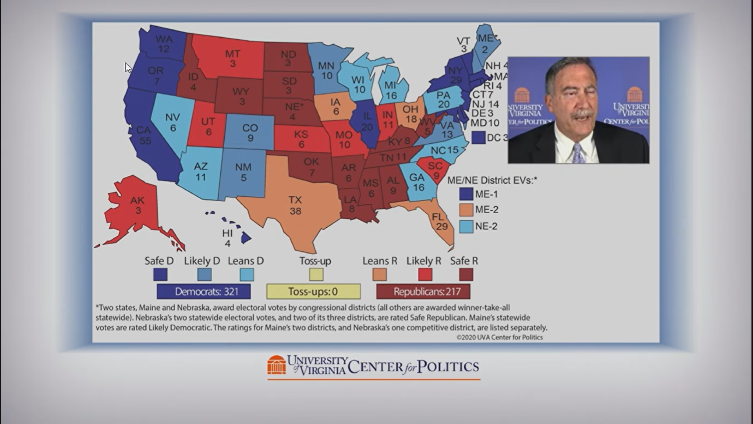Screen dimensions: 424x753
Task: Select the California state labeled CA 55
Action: [144, 135]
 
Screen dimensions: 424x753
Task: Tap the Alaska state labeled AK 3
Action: [137, 205]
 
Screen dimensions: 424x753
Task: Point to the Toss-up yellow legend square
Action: [316, 274]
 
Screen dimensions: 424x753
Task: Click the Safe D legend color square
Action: [160, 274]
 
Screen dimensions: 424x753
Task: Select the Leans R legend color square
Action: [379, 274]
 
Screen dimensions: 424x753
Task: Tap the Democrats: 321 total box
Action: [204, 292]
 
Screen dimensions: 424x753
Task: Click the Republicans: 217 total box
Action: [423, 292]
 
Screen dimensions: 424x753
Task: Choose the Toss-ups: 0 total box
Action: [313, 292]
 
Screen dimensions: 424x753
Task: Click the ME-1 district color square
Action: [466, 194]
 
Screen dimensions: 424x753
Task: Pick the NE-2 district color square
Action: [466, 227]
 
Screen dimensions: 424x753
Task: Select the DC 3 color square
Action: [478, 137]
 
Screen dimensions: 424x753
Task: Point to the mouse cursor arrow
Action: [128, 68]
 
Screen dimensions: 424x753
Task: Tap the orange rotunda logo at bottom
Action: [276, 365]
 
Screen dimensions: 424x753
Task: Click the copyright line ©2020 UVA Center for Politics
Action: [500, 338]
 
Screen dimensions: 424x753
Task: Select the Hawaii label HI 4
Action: [227, 238]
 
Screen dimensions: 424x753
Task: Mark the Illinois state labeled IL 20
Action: [367, 121]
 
